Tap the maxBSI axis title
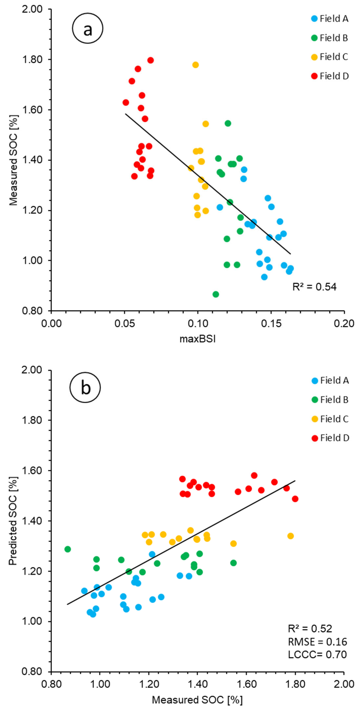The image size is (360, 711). point(198,339)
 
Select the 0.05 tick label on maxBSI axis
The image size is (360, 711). point(124,323)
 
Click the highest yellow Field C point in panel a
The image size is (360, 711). point(196,65)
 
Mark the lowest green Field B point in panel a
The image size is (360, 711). point(216,294)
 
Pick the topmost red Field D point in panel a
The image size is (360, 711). point(151,60)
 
